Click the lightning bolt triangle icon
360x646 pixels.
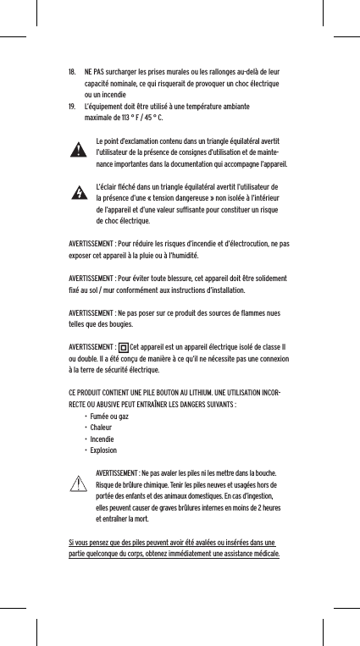point(78,193)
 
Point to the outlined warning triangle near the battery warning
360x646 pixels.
point(78,484)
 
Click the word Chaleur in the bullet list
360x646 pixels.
point(102,428)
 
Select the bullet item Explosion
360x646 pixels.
point(104,450)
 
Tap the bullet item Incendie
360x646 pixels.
point(103,439)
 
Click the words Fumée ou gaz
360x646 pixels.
point(109,417)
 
